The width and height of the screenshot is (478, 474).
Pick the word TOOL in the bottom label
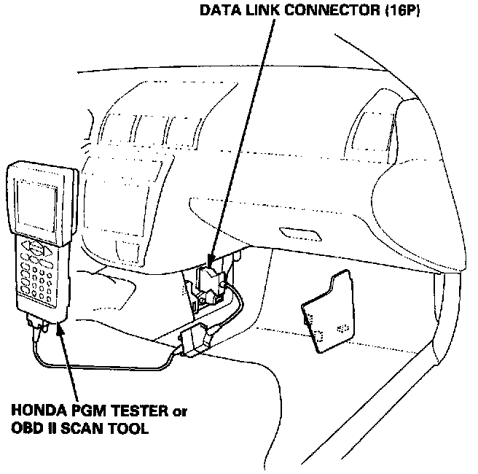tap(114, 430)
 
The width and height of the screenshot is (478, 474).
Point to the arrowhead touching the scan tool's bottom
tap(57, 329)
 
